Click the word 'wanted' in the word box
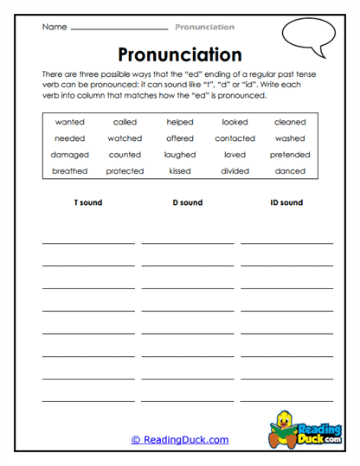click(69, 122)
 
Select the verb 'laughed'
click(180, 155)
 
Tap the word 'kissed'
click(180, 171)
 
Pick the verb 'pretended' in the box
click(290, 155)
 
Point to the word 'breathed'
click(69, 171)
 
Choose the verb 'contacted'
click(235, 138)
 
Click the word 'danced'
click(290, 171)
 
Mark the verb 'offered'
click(180, 138)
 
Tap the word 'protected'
click(125, 171)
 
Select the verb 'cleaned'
click(290, 122)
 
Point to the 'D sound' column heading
click(186, 203)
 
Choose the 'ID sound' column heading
click(286, 203)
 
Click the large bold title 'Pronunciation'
click(179, 55)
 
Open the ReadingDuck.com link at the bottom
click(180, 440)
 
